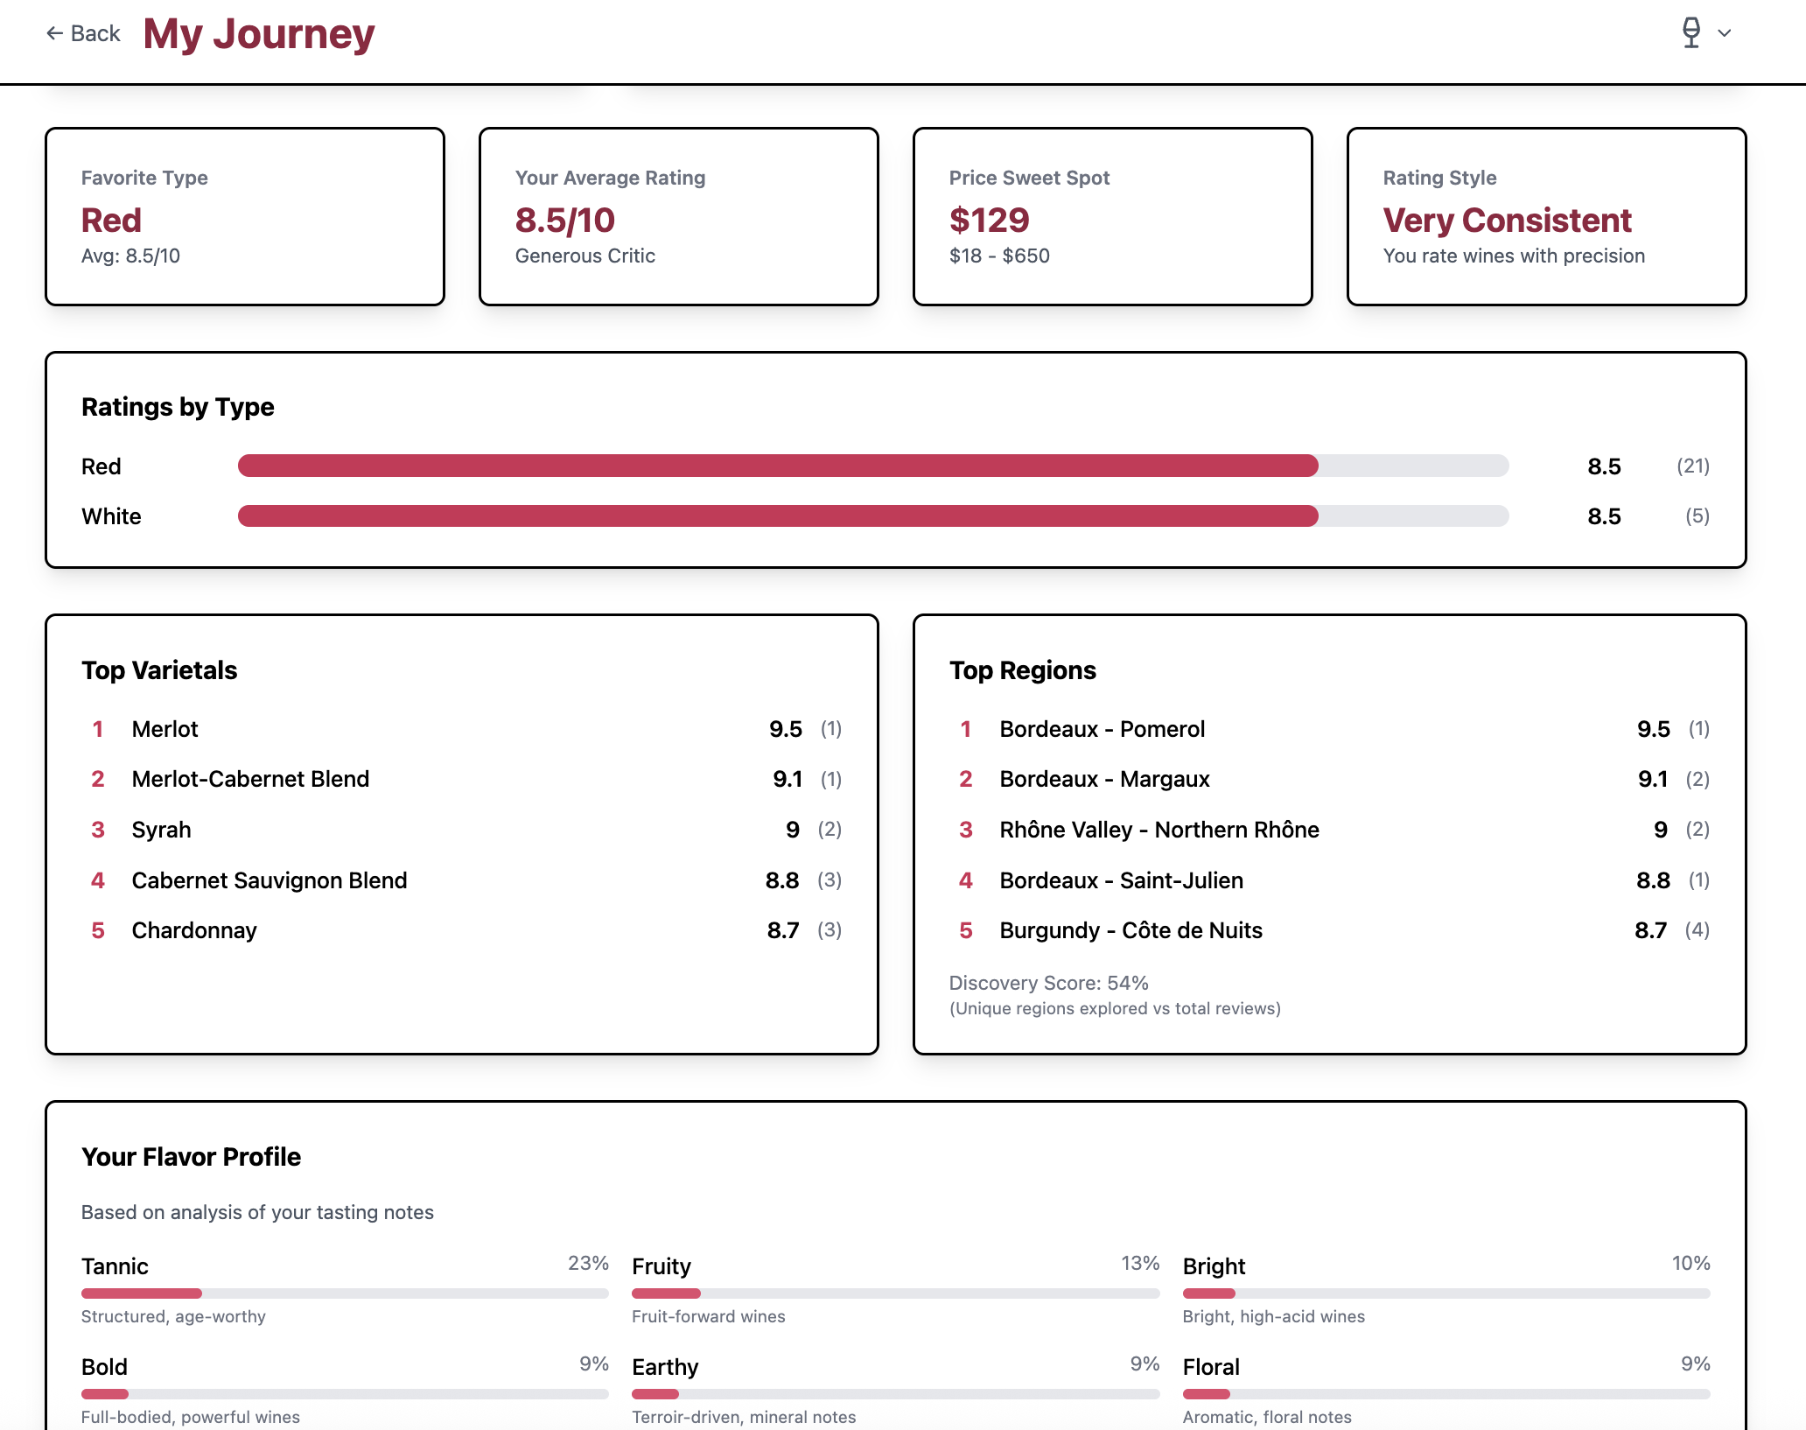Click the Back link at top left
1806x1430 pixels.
click(84, 33)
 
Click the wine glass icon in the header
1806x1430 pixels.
click(1691, 33)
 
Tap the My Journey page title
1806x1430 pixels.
click(259, 34)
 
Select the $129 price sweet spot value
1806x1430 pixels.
click(989, 221)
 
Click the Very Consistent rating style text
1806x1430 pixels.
click(1507, 221)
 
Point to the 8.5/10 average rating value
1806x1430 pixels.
click(565, 221)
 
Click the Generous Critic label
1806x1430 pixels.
click(584, 256)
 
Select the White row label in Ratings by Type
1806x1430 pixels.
click(111, 516)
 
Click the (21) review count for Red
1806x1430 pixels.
click(1692, 466)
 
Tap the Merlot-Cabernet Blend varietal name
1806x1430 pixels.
click(250, 779)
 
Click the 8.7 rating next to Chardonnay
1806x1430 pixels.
click(782, 930)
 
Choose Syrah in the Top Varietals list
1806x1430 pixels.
click(161, 830)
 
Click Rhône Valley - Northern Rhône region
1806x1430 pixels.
click(1159, 830)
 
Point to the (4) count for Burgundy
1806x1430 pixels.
click(1697, 930)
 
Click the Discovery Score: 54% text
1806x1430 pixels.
click(1048, 983)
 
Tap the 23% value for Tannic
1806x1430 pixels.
click(588, 1263)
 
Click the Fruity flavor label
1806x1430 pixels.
click(661, 1266)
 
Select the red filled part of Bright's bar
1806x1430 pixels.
click(1208, 1293)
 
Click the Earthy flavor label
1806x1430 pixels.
click(665, 1367)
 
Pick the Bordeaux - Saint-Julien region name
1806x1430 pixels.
click(1121, 880)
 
